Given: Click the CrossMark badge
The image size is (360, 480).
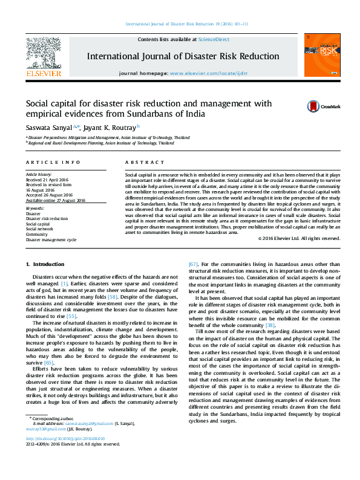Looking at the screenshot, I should [323, 106].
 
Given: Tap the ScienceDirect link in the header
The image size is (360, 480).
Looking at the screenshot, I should [214, 39].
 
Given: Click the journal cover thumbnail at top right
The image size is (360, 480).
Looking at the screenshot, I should [318, 56].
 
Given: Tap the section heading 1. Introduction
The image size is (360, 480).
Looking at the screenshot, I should [45, 265].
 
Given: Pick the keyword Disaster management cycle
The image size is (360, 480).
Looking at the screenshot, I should [51, 240].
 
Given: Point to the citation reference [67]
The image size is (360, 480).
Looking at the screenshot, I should [193, 265].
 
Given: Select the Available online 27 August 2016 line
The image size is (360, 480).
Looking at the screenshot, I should [55, 200].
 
